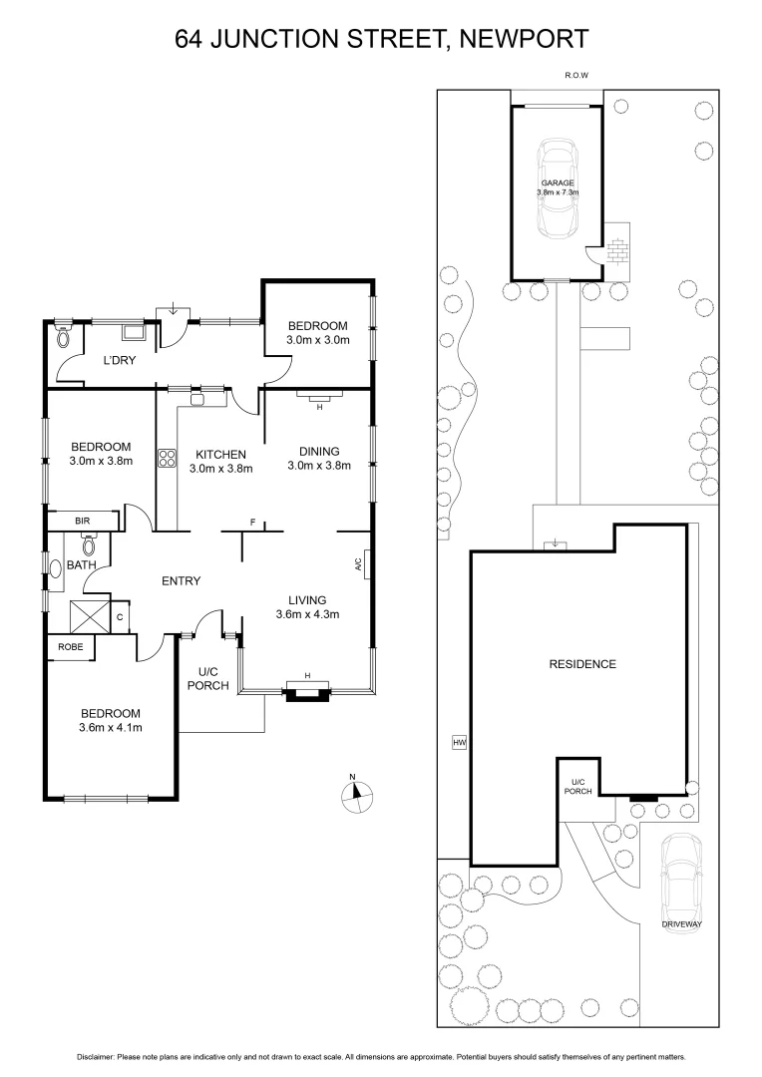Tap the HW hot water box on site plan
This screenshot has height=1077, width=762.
click(459, 742)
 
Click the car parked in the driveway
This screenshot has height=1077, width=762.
click(681, 877)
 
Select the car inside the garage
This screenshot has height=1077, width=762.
click(558, 190)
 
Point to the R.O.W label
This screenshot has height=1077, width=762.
click(575, 75)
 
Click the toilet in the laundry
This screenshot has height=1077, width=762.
click(65, 336)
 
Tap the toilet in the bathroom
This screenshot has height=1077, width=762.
click(88, 544)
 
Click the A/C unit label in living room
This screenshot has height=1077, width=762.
click(358, 564)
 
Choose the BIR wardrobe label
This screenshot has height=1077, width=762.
click(83, 521)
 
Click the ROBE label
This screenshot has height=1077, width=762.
click(71, 646)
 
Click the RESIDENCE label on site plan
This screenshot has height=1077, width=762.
click(582, 664)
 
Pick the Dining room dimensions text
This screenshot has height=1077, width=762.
click(319, 466)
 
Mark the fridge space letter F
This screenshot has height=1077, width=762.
click(253, 523)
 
